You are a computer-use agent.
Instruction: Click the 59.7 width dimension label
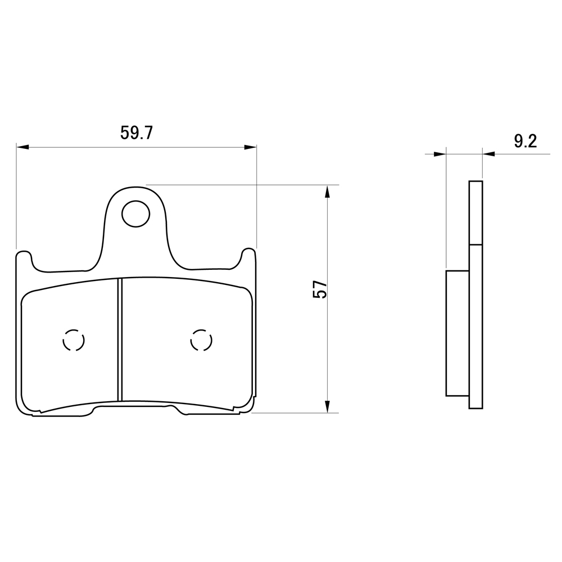(x=137, y=133)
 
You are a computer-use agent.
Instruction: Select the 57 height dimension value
(x=320, y=289)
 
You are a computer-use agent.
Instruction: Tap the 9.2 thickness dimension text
(x=525, y=142)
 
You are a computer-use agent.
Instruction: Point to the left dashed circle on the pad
(x=64, y=340)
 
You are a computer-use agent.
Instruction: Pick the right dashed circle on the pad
(x=191, y=340)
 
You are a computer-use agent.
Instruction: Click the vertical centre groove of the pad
(x=120, y=339)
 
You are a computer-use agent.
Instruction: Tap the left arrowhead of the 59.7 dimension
(x=22, y=147)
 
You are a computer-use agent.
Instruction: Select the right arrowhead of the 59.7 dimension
(x=251, y=147)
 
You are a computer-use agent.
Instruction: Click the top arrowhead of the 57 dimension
(x=327, y=192)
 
